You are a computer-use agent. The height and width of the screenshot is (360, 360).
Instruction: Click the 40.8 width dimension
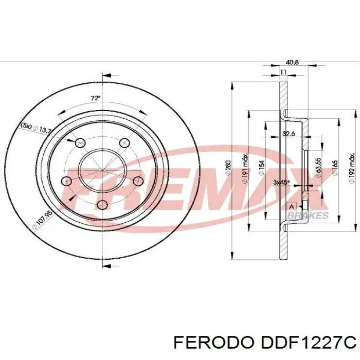285,63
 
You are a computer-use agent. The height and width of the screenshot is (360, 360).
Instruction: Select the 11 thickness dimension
282,73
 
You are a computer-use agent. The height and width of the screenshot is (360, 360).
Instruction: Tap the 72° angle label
95,98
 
